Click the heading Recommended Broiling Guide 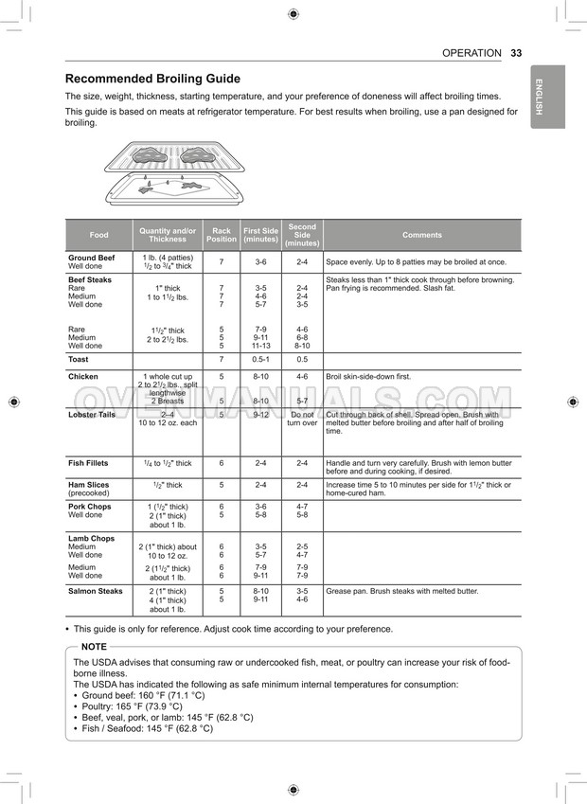coord(152,79)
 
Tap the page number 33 coord(516,53)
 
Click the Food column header coord(98,235)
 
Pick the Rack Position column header coord(222,235)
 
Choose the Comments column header coord(421,235)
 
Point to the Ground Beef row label coord(91,258)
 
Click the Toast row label coord(79,360)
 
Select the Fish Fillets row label coord(89,463)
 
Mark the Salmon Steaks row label coord(96,591)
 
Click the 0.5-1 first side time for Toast coord(260,360)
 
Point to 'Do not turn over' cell coord(302,419)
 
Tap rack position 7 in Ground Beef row coord(222,261)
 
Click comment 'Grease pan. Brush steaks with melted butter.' coord(402,591)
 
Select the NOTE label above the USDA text coord(94,646)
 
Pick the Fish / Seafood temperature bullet coord(148,729)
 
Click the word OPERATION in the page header coord(471,53)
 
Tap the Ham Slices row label coord(89,485)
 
